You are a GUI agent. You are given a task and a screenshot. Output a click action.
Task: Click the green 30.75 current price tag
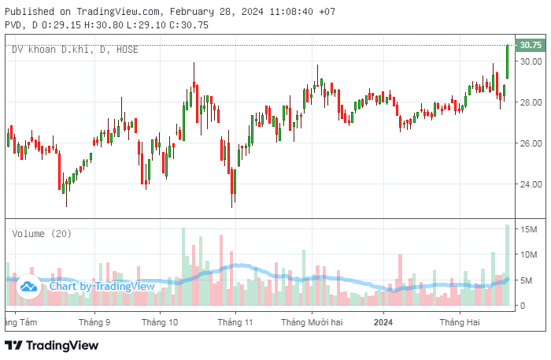pyautogui.click(x=530, y=46)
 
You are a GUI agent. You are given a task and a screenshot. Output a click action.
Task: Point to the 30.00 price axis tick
pyautogui.click(x=530, y=61)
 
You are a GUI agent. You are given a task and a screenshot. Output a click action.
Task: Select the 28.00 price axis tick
pyautogui.click(x=530, y=102)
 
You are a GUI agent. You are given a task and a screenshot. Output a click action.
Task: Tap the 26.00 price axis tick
pyautogui.click(x=530, y=143)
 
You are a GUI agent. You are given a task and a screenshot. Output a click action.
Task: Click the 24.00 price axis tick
pyautogui.click(x=530, y=184)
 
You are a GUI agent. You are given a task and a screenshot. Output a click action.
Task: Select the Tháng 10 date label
pyautogui.click(x=161, y=322)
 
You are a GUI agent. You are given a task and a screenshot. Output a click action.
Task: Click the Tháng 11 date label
pyautogui.click(x=235, y=322)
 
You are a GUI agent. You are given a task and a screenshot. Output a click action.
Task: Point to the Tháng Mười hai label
pyautogui.click(x=312, y=322)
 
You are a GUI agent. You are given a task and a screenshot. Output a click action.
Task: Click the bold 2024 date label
pyautogui.click(x=383, y=322)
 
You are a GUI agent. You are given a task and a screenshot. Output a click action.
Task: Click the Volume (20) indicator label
pyautogui.click(x=42, y=233)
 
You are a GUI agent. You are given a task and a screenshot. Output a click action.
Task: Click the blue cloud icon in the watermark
pyautogui.click(x=30, y=287)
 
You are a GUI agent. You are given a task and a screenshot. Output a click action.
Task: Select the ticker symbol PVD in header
pyautogui.click(x=13, y=25)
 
